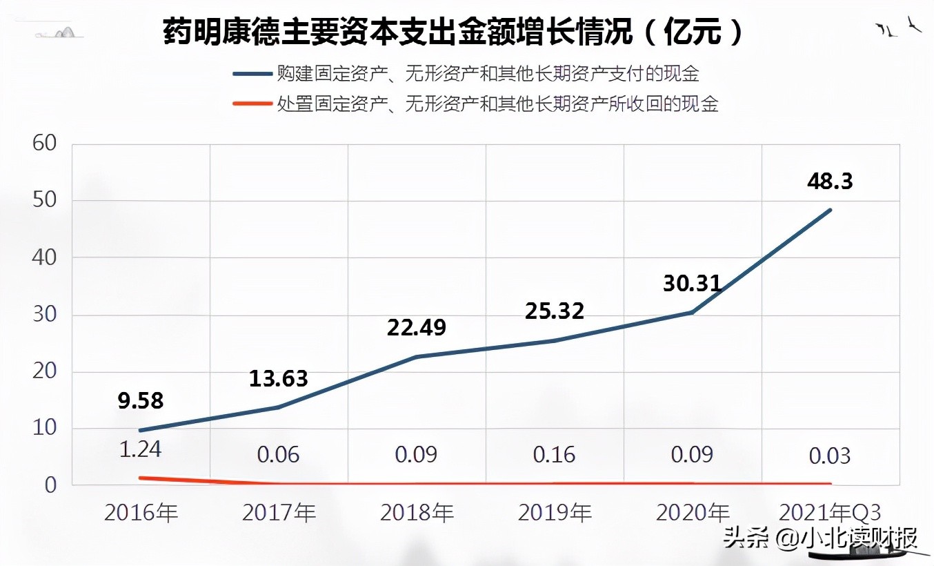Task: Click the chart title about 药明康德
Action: click(453, 32)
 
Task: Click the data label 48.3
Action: click(830, 181)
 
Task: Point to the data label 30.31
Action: click(692, 282)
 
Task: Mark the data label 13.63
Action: click(278, 378)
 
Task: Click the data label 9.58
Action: click(140, 400)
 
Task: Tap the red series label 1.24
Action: click(140, 449)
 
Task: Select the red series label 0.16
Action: click(554, 455)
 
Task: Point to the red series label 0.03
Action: click(830, 456)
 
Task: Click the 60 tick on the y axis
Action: click(43, 144)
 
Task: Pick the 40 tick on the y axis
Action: click(43, 257)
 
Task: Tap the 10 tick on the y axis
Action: click(43, 428)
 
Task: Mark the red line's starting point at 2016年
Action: click(141, 478)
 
